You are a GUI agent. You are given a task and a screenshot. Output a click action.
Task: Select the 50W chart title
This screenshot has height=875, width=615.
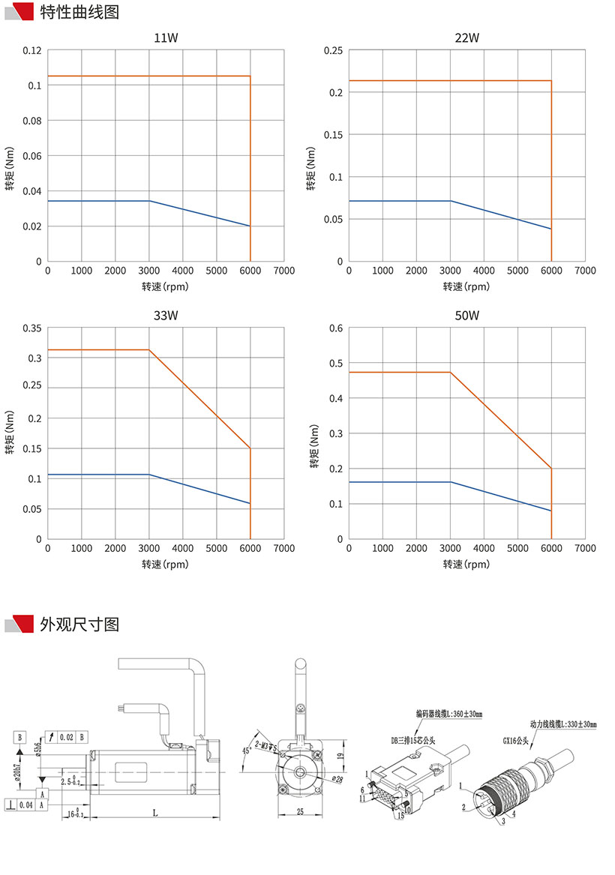[466, 316]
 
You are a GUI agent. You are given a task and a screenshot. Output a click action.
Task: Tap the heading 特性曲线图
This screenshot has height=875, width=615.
[79, 13]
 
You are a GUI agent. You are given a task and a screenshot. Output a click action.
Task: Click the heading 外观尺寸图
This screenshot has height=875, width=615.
[79, 624]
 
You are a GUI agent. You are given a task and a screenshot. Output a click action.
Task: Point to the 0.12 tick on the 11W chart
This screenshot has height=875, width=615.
[31, 50]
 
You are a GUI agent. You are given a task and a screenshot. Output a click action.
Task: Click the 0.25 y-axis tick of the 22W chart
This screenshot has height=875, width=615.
[333, 50]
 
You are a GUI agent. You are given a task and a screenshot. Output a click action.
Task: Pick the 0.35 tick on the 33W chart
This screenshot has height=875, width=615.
[31, 328]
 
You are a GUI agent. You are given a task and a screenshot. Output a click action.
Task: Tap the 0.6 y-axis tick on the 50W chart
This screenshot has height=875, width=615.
[336, 328]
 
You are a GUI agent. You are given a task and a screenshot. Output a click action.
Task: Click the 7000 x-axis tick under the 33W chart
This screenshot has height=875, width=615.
[284, 549]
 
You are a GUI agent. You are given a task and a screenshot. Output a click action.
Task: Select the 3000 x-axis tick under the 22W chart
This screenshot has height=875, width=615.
[450, 271]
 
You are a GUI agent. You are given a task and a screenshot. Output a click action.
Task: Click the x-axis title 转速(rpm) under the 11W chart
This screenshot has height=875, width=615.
[165, 286]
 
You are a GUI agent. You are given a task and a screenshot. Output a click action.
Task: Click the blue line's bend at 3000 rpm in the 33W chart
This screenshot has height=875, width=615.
[149, 475]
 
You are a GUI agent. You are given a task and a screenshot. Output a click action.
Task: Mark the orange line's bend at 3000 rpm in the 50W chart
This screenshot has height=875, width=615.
[450, 372]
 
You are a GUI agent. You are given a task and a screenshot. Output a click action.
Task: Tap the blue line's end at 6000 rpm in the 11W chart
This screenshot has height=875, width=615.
[250, 226]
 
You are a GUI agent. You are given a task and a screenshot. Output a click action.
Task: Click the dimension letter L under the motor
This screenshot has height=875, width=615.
[154, 811]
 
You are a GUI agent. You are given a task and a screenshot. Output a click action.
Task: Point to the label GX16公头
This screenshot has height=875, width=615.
[516, 739]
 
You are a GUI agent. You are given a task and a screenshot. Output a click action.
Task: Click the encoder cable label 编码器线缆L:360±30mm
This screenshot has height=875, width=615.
[449, 715]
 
